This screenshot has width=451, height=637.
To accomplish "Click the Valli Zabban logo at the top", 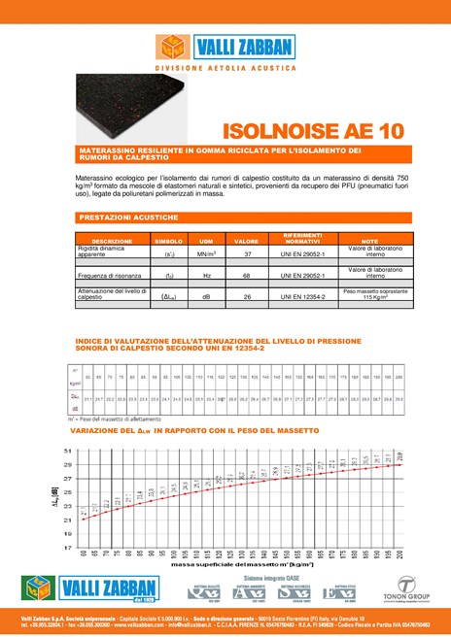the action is click(225, 46).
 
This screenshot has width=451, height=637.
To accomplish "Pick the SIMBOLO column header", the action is click(168, 241).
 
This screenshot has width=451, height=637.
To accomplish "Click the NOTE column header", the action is click(369, 241).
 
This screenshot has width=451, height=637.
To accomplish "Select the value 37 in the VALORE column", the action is click(248, 253).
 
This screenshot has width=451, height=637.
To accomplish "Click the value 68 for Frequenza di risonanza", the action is click(248, 276).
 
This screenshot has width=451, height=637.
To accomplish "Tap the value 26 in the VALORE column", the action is click(248, 297).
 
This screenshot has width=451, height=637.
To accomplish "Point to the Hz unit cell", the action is click(206, 276).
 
